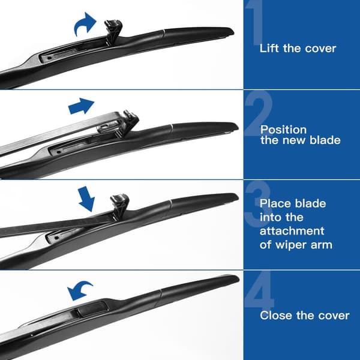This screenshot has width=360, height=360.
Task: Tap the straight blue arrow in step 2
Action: (x=81, y=106)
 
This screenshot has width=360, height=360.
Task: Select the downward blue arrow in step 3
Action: (x=86, y=199)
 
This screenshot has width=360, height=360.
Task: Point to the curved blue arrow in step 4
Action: (x=79, y=290)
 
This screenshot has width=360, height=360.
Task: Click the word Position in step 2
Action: (x=283, y=130)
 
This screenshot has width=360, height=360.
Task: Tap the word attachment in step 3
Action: (x=292, y=231)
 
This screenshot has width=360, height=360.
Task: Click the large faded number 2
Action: (x=258, y=113)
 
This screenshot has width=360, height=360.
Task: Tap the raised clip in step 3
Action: (x=119, y=205)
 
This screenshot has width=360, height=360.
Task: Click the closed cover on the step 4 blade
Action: (x=92, y=309)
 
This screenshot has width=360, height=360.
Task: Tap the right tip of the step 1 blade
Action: (x=233, y=31)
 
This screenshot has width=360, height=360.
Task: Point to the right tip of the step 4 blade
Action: (x=239, y=278)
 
